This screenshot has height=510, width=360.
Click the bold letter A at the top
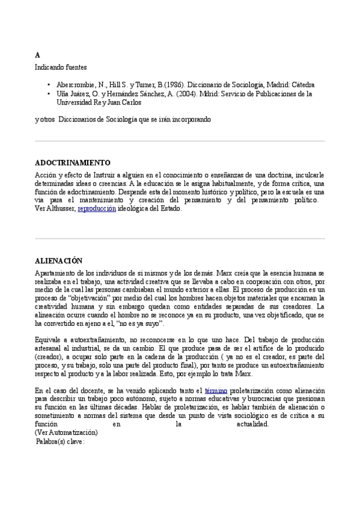pos(37,55)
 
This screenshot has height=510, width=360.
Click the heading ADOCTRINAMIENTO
pos(73,162)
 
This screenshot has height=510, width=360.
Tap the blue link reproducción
pos(97,209)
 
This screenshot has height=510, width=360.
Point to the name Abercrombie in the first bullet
pos(72,85)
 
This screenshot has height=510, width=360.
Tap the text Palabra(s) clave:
pos(61,441)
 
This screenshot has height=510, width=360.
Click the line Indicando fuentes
pos(61,67)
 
